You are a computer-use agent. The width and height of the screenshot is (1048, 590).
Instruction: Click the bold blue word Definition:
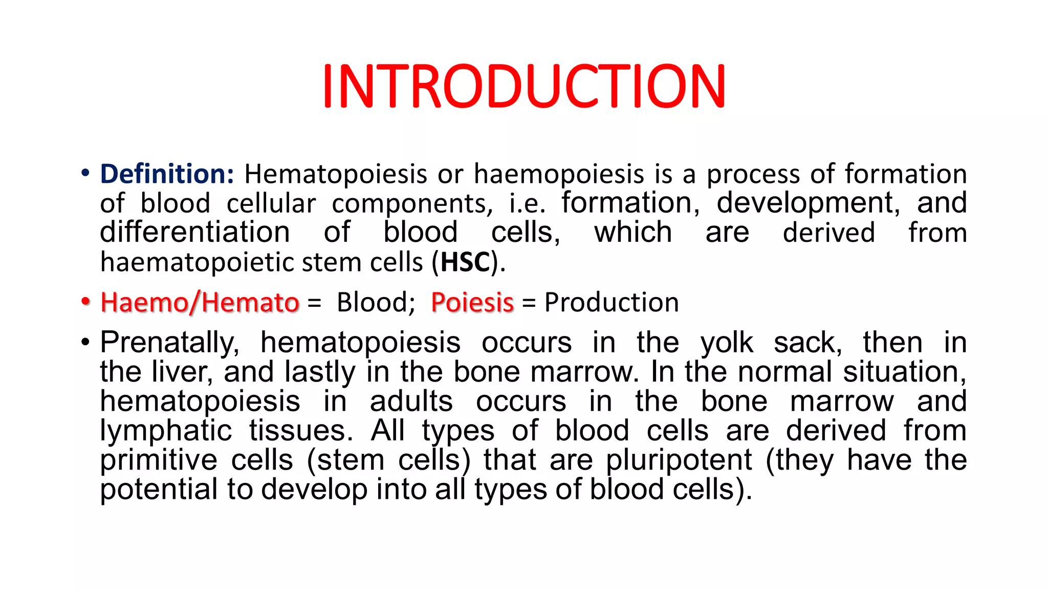click(167, 174)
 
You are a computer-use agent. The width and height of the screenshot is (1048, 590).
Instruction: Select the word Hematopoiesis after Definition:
click(335, 174)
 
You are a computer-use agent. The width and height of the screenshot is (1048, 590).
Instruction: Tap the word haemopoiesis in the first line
click(558, 174)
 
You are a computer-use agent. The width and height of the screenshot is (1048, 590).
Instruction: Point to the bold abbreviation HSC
click(465, 262)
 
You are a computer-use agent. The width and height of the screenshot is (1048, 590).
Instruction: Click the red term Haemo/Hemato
click(200, 302)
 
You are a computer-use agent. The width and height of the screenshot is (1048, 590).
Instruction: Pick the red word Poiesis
click(472, 302)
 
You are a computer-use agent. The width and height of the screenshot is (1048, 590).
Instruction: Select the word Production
click(611, 302)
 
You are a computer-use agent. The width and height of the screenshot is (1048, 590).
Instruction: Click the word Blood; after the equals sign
click(376, 302)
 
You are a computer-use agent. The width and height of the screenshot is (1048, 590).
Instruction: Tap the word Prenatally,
click(169, 342)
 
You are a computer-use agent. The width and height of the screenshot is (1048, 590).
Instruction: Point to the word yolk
click(727, 342)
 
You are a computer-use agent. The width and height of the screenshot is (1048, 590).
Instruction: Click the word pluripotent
click(679, 460)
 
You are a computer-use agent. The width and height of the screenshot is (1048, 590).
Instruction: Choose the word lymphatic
click(166, 431)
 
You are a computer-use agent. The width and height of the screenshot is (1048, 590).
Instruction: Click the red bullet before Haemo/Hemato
click(85, 301)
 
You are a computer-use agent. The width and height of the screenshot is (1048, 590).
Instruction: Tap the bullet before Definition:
click(85, 173)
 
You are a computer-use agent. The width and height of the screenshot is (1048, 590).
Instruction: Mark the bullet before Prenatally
click(85, 342)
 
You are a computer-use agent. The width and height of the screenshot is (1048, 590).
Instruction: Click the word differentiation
click(194, 233)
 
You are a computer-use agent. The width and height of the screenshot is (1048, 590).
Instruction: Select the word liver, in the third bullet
click(182, 371)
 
